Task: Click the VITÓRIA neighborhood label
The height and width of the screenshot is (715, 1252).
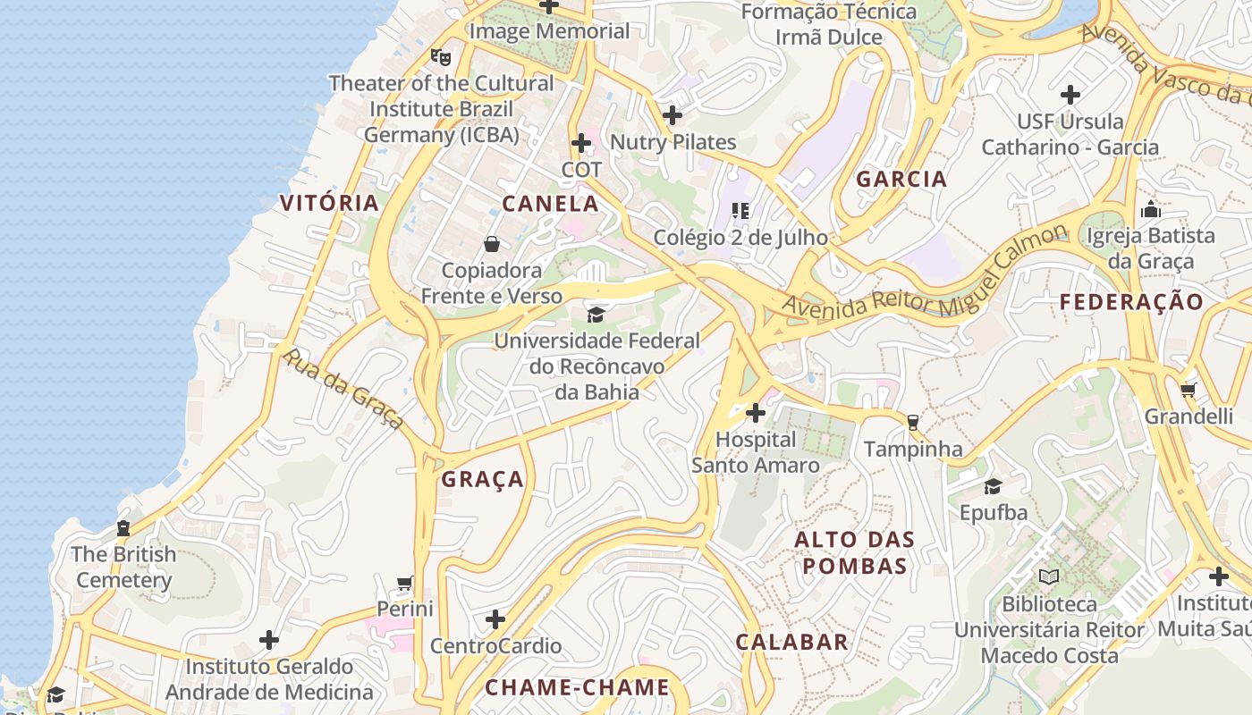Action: click(329, 202)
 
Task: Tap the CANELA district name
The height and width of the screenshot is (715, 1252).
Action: click(550, 203)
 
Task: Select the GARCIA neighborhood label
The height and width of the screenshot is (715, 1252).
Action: click(901, 179)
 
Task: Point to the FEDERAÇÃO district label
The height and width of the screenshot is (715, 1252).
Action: click(1132, 302)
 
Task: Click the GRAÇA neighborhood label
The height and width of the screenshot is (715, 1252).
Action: click(482, 479)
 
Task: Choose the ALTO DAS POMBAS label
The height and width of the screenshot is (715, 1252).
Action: click(855, 552)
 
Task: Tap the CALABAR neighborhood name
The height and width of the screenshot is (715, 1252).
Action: click(791, 642)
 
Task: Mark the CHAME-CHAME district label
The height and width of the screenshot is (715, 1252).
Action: click(577, 687)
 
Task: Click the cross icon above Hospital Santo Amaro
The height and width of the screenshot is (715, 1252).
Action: click(756, 413)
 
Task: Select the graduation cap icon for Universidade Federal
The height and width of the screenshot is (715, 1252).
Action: click(596, 314)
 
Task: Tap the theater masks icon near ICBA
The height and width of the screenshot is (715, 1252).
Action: click(440, 56)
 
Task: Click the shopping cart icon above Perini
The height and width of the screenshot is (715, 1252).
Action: click(405, 584)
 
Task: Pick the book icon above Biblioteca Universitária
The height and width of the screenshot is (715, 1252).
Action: click(1049, 577)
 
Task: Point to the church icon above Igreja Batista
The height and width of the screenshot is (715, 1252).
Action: click(1151, 210)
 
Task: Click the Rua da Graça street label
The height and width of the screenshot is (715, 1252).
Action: click(343, 389)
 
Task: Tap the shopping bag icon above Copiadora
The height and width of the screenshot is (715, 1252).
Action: click(491, 244)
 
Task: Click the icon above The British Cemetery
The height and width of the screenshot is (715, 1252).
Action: click(123, 528)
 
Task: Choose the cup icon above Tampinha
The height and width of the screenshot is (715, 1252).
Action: click(912, 422)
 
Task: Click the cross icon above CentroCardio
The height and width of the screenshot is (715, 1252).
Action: click(495, 619)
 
